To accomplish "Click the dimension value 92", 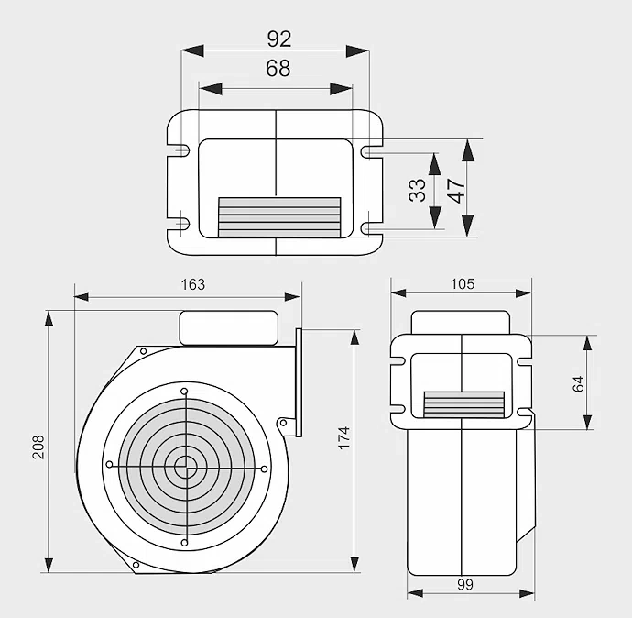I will pos(278,39).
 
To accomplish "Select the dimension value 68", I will pos(278,69).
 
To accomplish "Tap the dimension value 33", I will pos(418,190).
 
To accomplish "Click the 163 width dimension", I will pos(192,284).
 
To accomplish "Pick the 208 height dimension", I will pos(38,446).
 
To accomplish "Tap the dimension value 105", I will pos(463,283).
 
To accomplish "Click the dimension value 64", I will pos(578,383).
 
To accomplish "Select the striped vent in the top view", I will pos(279,217).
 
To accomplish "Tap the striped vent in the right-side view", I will pos(464,404).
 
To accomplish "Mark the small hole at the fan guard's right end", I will pos(264,469).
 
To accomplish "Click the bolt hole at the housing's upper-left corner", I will pos(143,350).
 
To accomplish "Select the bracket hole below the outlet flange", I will pos(283,423).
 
